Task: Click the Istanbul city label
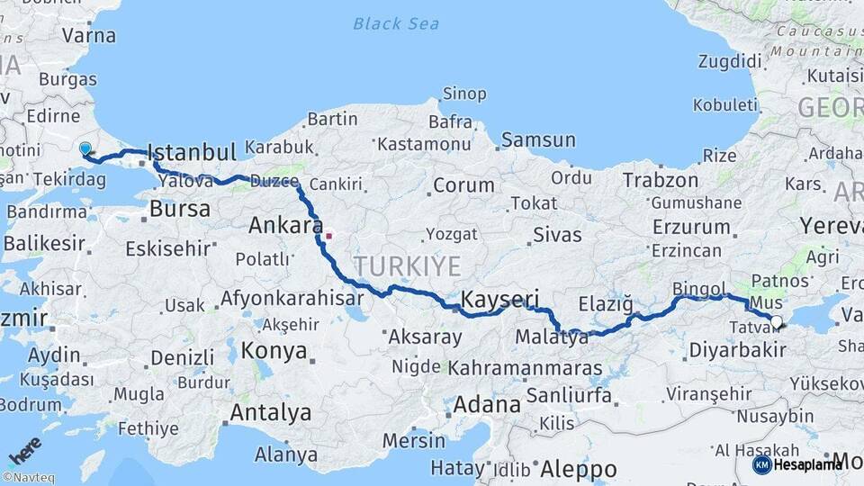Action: coord(191,150)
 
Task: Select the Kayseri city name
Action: coord(499,299)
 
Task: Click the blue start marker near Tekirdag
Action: coord(85,148)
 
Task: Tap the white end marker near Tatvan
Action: coord(777,320)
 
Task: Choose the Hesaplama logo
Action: coord(798,464)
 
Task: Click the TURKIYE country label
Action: coord(407,266)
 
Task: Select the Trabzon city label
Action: coord(661,180)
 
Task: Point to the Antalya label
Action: coord(271,413)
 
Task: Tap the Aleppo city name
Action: coord(578,469)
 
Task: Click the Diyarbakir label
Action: coord(736,350)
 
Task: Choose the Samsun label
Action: coord(538,139)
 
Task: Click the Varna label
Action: coord(88,36)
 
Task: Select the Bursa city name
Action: coord(179,209)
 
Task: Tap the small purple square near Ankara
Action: coord(328,237)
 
